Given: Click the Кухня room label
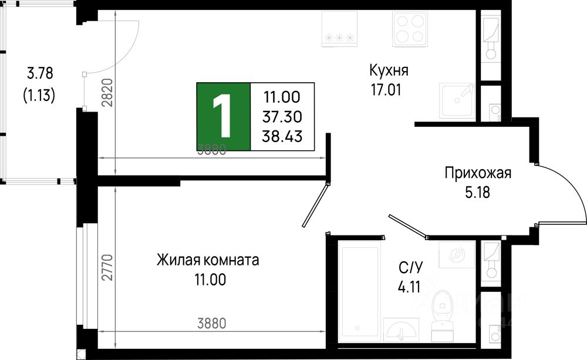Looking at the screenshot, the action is click(389, 70).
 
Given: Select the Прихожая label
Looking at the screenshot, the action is click(478, 173).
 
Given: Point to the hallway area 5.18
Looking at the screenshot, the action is click(477, 191).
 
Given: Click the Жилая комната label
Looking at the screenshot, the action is click(208, 260).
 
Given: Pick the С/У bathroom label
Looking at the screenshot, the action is click(410, 269).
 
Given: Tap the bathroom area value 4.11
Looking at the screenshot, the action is click(410, 288).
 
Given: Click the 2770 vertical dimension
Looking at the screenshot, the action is click(106, 267).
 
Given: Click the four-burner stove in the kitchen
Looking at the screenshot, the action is click(409, 28).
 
